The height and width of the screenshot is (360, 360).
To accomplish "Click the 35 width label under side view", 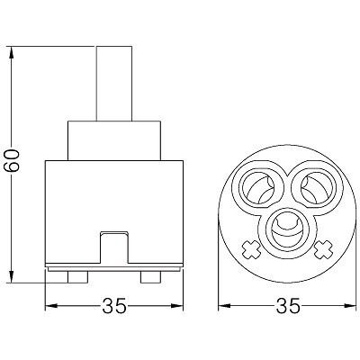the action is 114,306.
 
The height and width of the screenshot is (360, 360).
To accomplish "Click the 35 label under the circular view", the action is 287,306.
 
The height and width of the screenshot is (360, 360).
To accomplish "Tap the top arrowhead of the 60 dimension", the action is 11,52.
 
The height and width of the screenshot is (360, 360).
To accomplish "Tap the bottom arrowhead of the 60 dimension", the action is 11,276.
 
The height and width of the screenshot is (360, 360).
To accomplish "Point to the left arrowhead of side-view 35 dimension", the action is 51,306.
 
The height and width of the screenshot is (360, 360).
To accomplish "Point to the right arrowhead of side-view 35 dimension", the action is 177,306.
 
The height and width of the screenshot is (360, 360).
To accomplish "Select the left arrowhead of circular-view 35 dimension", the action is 224,306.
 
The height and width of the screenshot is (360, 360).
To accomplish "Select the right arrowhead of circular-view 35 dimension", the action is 350,306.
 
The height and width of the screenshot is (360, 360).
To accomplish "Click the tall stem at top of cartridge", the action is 114,84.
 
